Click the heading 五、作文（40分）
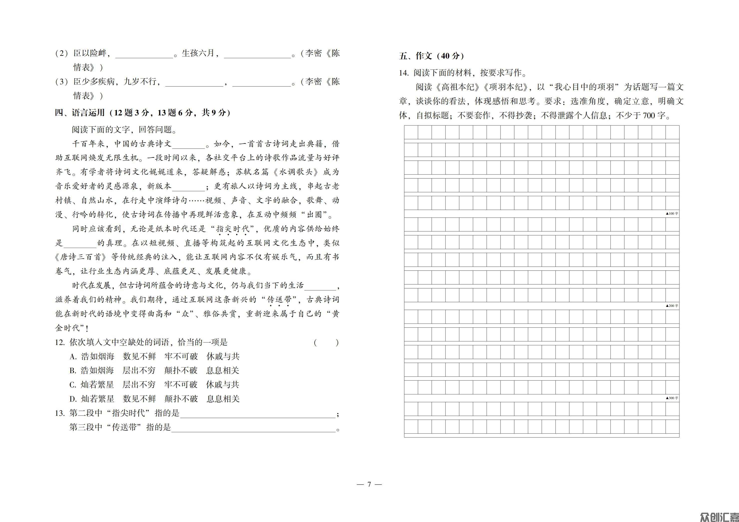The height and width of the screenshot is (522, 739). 431,56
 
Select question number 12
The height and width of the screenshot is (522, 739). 60,342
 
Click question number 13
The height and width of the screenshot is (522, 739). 60,413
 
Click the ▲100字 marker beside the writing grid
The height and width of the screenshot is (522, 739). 672,213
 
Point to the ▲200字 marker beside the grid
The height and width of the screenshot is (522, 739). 672,306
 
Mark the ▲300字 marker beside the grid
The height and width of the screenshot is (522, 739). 672,398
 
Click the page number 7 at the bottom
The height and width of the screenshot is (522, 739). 369,484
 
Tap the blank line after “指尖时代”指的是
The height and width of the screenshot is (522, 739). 257,415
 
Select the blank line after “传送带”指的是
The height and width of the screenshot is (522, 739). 253,429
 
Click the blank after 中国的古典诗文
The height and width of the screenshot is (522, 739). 188,145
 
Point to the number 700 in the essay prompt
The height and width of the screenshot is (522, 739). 649,115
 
